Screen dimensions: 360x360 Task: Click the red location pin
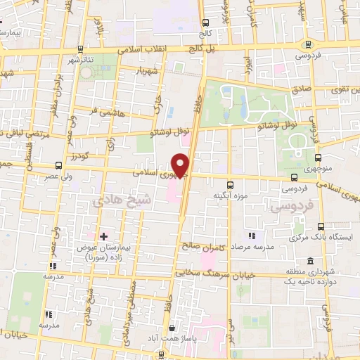point(181,165)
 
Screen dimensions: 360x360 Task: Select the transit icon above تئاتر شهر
point(82,49)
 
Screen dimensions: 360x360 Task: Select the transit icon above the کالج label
point(205,22)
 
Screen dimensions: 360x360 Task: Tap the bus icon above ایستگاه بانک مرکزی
point(321,226)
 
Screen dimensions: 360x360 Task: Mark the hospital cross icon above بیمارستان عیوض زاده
point(104,236)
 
